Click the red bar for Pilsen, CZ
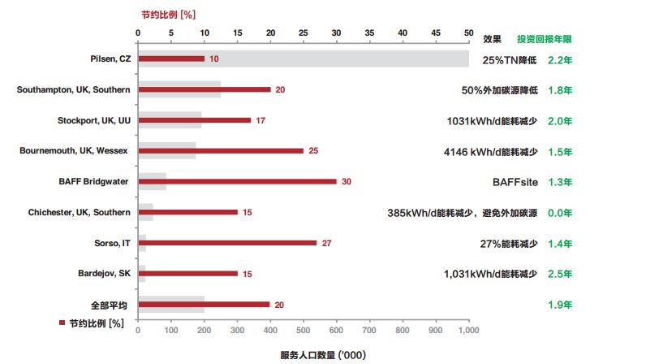point(171,58)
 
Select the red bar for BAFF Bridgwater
point(237,181)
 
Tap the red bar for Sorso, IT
point(227,242)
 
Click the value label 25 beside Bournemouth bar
point(313,151)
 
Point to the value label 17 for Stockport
point(260,120)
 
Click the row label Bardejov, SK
point(105,273)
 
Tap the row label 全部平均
point(110,305)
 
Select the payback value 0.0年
point(560,213)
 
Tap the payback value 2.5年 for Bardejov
point(560,274)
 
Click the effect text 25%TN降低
point(510,59)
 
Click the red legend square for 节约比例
point(62,323)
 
